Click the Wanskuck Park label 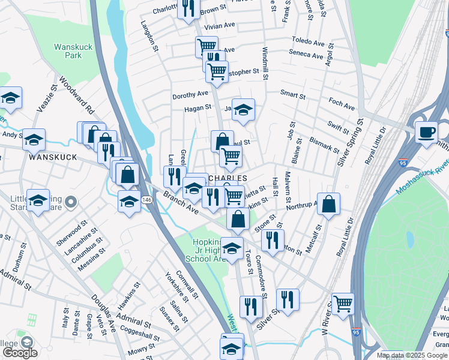[x=67, y=50]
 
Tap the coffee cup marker [x=426, y=132]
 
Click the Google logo [x=19, y=353]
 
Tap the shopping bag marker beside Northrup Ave [x=329, y=205]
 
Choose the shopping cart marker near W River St [x=343, y=304]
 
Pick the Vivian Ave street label [x=220, y=26]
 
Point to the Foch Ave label [x=342, y=104]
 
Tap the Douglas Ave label [x=103, y=307]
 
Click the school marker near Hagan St [x=243, y=110]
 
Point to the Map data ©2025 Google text [x=412, y=355]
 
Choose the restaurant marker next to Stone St [x=273, y=240]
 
